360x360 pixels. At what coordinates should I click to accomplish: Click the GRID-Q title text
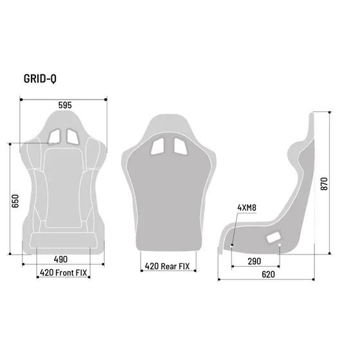click(40, 78)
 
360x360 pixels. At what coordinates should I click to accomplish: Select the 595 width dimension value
click(65, 105)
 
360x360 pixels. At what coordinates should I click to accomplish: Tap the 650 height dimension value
click(15, 201)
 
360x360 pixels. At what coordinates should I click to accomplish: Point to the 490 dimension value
click(60, 259)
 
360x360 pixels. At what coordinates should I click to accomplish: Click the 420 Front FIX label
click(64, 273)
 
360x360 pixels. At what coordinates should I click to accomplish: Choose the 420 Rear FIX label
click(167, 266)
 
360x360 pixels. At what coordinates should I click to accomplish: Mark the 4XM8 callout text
click(247, 208)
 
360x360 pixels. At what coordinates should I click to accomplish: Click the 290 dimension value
click(255, 261)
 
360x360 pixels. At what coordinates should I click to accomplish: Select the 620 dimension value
click(268, 274)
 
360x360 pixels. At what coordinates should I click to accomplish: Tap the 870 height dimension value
click(324, 183)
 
